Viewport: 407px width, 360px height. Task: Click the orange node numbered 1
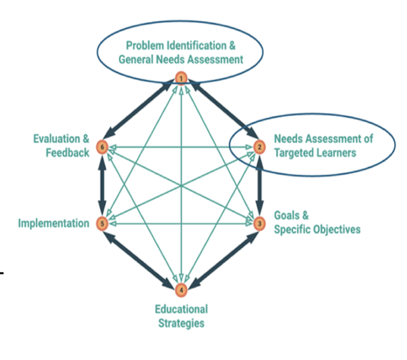181,79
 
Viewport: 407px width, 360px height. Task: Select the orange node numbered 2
259,147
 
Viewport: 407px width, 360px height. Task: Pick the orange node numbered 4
181,289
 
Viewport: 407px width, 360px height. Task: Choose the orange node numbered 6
102,147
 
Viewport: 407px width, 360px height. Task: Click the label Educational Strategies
181,315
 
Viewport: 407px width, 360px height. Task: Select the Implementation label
54,223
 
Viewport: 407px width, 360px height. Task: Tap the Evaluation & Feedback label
61,146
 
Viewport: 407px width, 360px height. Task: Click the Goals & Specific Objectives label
316,223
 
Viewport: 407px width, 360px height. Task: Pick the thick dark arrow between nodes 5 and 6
102,186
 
